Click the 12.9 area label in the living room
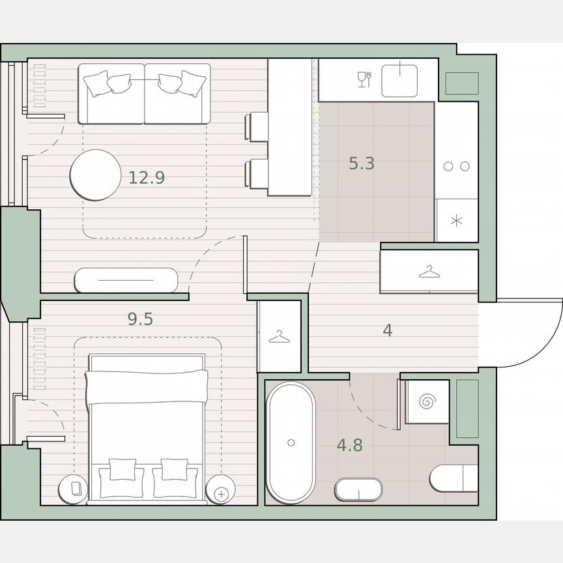(146, 177)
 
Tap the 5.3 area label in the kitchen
(361, 164)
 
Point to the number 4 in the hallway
(388, 330)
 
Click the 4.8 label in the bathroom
(349, 446)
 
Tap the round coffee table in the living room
(96, 175)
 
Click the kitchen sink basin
(399, 79)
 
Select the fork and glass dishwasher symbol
(364, 79)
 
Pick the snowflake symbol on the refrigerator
(456, 220)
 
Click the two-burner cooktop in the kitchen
(456, 166)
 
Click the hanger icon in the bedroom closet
(279, 337)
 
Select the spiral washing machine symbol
(427, 402)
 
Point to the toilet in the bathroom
(454, 478)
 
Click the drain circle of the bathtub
(291, 442)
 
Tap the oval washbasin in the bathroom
(358, 490)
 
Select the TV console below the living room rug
(126, 280)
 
